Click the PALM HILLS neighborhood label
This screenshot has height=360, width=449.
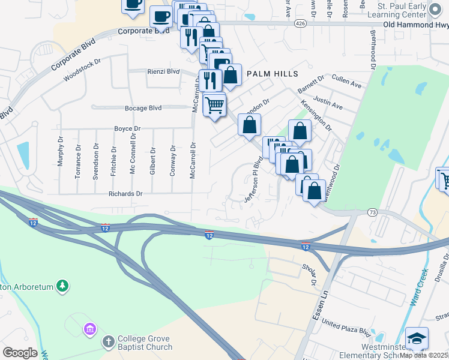(272, 74)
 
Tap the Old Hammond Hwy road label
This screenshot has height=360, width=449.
(415, 25)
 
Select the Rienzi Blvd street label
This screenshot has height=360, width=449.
(163, 71)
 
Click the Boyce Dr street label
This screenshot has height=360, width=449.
(127, 128)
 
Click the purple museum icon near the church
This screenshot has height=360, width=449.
(90, 329)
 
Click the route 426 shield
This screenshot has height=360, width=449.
(301, 23)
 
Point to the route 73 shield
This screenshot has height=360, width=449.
(373, 212)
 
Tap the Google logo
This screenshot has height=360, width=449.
(20, 352)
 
